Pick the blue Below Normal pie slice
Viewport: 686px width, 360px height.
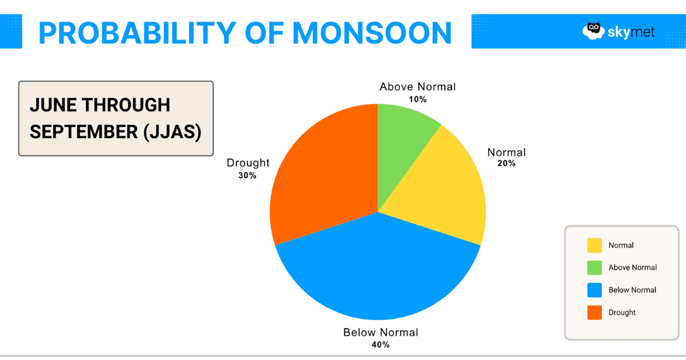tap(377, 269)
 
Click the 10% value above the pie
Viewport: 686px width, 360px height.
tap(417, 99)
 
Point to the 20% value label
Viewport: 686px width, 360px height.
tap(506, 163)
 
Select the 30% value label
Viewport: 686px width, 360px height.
tap(248, 175)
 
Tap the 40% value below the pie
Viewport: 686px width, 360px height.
tap(381, 345)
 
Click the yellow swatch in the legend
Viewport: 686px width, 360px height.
tap(595, 245)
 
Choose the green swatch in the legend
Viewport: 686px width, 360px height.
tap(595, 267)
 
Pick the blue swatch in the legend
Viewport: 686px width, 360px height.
tap(595, 290)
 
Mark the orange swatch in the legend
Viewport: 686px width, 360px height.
tap(595, 313)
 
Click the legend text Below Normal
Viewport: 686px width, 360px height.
tap(632, 290)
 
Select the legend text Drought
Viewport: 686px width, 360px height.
tap(622, 313)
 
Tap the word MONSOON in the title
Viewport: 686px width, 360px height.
tap(372, 33)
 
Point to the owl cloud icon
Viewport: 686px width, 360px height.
tap(593, 31)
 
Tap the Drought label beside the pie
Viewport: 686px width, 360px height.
tap(248, 163)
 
